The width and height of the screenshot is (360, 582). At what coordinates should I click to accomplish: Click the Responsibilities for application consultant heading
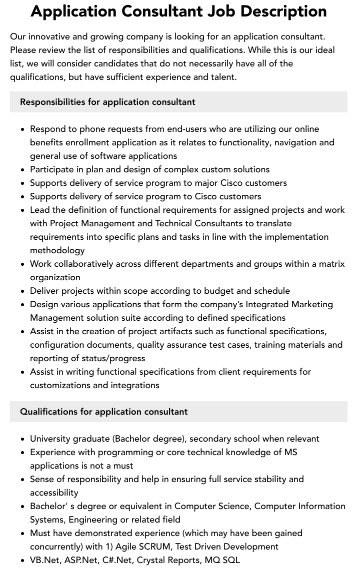pyautogui.click(x=107, y=102)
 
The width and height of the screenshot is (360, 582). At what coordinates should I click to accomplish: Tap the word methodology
pyautogui.click(x=57, y=250)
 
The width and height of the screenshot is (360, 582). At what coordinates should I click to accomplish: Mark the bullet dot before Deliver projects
pyautogui.click(x=23, y=291)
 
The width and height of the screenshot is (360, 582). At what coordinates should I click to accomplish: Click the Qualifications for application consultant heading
pyautogui.click(x=103, y=412)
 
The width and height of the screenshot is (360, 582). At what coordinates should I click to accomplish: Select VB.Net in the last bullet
pyautogui.click(x=44, y=560)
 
